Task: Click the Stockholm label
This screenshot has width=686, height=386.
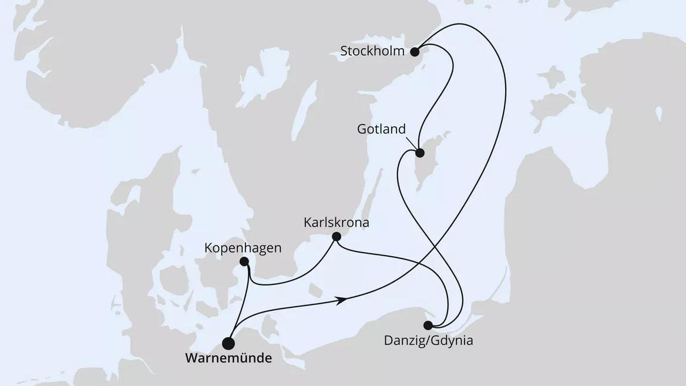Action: click(372, 51)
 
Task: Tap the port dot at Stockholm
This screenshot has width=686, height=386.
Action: click(415, 51)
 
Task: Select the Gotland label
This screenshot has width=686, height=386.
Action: click(381, 129)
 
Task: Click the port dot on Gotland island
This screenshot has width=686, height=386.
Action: click(420, 153)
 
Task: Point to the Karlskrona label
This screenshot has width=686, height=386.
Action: click(337, 223)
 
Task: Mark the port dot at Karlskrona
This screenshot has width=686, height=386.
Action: click(336, 237)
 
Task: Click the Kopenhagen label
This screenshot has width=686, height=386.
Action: click(243, 248)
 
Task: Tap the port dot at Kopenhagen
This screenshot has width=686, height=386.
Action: click(244, 261)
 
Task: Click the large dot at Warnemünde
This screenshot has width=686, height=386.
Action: click(228, 344)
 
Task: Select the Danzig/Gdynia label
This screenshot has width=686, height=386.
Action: click(428, 340)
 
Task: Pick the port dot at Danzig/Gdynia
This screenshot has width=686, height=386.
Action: click(428, 325)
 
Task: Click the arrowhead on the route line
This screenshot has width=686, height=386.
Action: click(341, 300)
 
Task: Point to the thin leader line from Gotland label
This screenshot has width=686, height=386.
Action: click(412, 143)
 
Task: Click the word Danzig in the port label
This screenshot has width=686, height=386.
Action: click(402, 340)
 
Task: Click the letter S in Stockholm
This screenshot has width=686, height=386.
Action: click(344, 51)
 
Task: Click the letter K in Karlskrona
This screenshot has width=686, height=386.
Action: click(307, 223)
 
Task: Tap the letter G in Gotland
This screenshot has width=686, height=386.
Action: click(361, 129)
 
